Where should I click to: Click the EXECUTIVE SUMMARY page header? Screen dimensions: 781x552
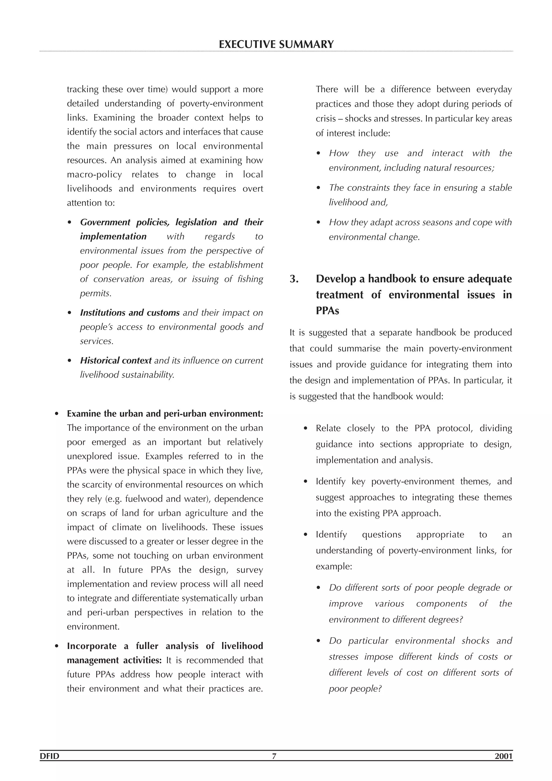pyautogui.click(x=276, y=44)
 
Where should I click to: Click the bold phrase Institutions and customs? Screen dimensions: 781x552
pyautogui.click(x=129, y=313)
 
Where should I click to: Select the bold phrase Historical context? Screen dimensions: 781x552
pyautogui.click(x=116, y=361)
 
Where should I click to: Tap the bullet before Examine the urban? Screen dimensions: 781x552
pyautogui.click(x=57, y=414)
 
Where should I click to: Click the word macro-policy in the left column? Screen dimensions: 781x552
pyautogui.click(x=94, y=175)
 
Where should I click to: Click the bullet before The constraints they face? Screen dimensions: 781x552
pyautogui.click(x=319, y=188)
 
